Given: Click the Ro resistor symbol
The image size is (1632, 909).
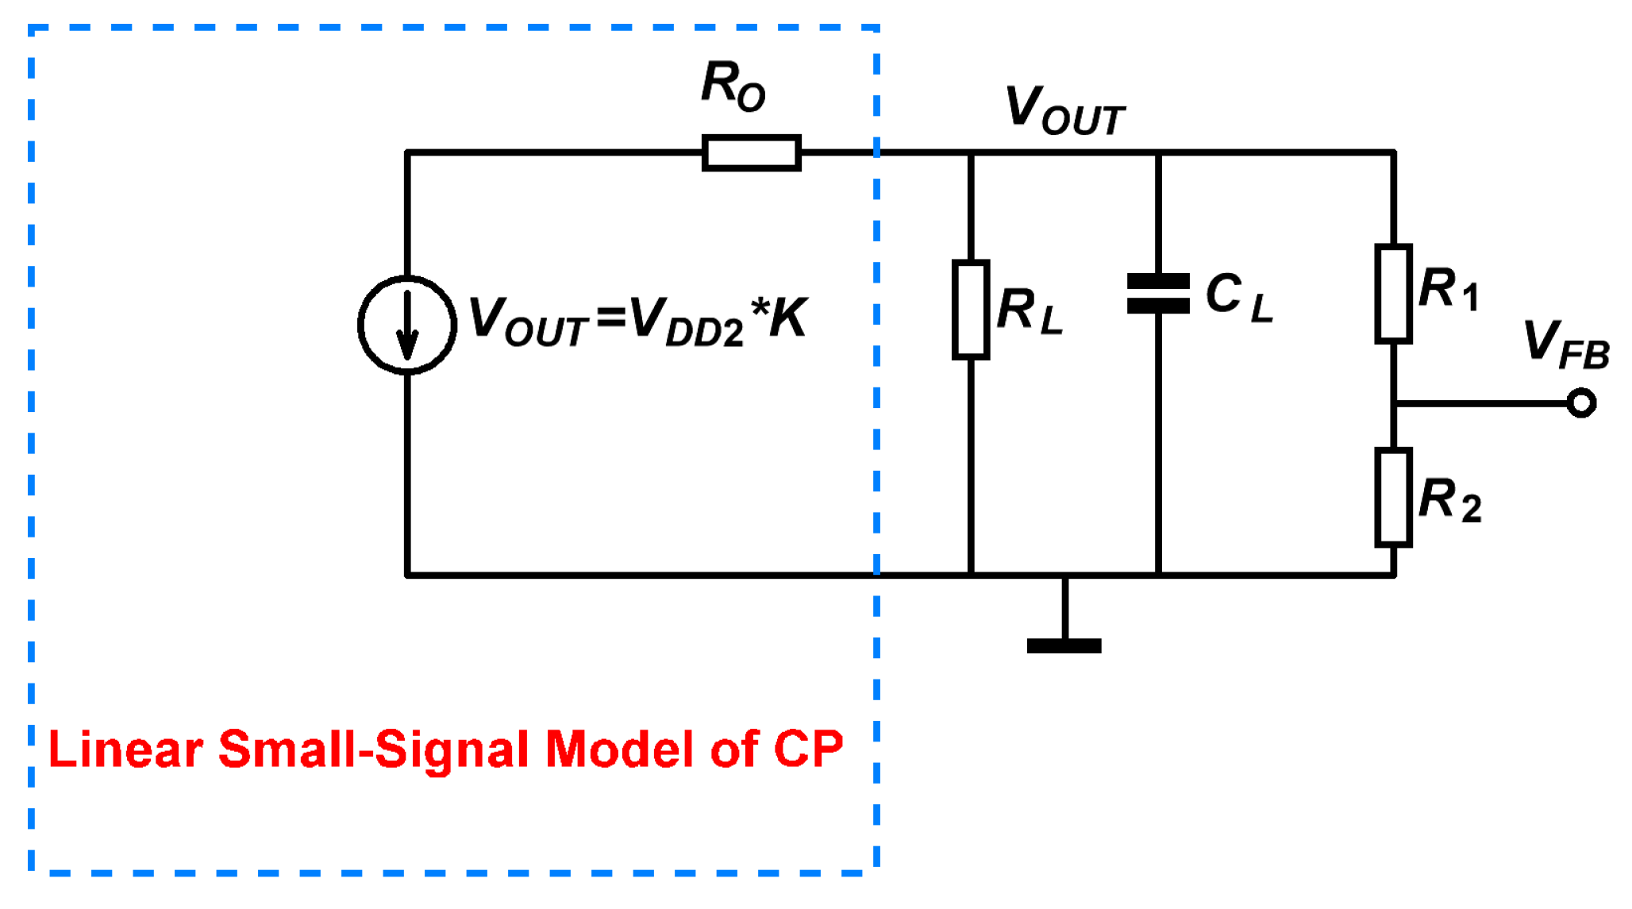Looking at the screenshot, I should pos(751,152).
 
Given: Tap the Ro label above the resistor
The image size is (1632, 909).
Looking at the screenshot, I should pos(733,86).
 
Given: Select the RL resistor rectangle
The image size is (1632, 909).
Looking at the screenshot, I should pos(970,310).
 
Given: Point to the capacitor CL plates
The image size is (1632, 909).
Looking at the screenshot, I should pos(1158,293).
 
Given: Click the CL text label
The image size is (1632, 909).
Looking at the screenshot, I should pos(1238,297).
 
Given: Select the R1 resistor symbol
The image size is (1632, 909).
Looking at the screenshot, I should pos(1393,294).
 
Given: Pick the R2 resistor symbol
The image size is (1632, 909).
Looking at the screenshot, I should pos(1393,498).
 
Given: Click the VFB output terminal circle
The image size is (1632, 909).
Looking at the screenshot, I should pos(1581,403).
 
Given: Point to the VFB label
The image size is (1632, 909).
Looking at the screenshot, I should pos(1565,345).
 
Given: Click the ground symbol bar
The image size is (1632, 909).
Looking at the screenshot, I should pos(1064,645).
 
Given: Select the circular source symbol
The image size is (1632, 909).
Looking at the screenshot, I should pos(407,325).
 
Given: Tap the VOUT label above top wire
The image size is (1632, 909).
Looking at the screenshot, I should pos(1064,110).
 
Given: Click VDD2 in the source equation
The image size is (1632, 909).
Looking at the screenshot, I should pos(687,322).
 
